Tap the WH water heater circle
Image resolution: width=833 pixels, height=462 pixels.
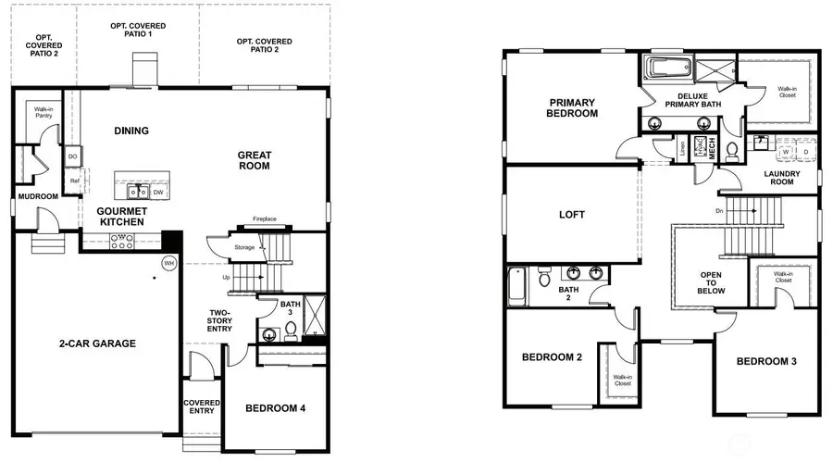(x=169, y=262)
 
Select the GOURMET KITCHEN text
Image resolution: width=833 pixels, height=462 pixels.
(x=121, y=217)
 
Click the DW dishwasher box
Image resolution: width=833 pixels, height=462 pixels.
(x=158, y=192)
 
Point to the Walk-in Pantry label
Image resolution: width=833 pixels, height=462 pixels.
(x=43, y=113)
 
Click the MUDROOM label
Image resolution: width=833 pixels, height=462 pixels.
(x=37, y=196)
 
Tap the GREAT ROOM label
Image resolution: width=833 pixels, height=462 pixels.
(x=253, y=160)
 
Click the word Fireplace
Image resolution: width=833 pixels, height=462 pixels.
(x=265, y=219)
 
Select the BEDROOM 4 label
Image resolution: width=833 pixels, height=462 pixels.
(x=277, y=408)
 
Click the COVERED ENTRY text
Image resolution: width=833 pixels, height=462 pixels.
(x=202, y=407)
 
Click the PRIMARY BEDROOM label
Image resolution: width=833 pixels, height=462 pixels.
(x=572, y=107)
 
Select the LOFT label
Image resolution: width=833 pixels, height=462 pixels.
(x=572, y=215)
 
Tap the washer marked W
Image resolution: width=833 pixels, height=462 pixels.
(x=786, y=151)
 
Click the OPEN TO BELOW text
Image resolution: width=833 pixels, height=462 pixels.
(x=711, y=283)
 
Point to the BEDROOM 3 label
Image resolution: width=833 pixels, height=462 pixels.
(x=766, y=361)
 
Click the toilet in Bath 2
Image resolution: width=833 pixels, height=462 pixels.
(x=545, y=277)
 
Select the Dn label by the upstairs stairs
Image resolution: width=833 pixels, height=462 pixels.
(x=719, y=210)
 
